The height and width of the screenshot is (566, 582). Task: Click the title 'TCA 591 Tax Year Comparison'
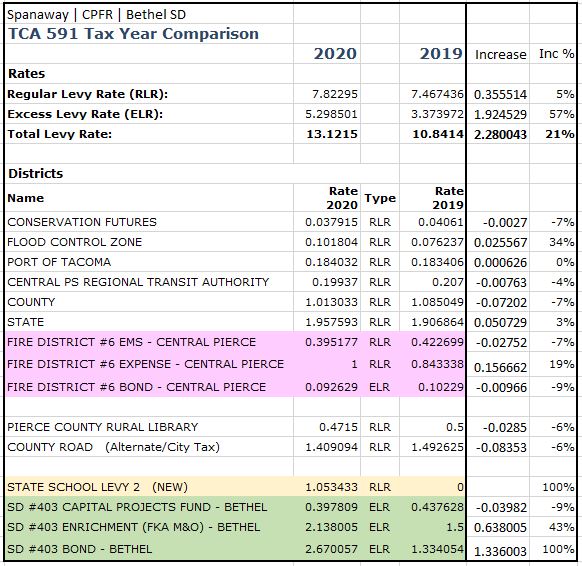133,33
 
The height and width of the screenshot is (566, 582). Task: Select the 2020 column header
335,54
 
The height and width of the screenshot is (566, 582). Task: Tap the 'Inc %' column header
556,54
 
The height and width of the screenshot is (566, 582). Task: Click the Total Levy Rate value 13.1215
331,134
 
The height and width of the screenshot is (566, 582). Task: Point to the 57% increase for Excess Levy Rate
562,114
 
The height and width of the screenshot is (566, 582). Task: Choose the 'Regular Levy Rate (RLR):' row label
88,94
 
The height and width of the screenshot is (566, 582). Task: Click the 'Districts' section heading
36,174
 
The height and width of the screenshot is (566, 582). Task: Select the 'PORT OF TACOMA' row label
59,262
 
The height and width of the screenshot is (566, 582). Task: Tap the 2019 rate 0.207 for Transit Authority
445,282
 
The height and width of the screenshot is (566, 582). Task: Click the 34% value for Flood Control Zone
562,242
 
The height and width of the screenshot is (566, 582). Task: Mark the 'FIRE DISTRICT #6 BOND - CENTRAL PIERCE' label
137,387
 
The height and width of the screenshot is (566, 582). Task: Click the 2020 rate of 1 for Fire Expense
352,364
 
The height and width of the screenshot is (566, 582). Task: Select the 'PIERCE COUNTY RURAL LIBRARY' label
102,427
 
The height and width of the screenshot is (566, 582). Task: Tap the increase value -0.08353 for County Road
499,448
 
